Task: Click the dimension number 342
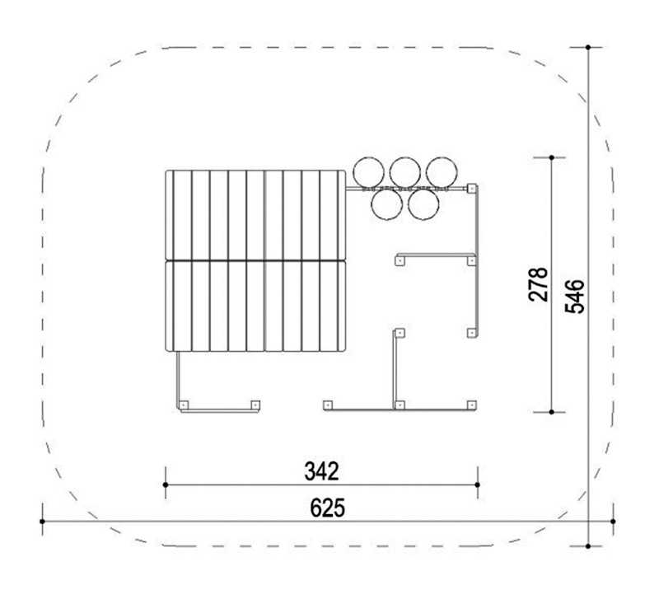point(321,471)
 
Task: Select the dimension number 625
point(327,508)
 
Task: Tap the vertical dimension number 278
point(539,284)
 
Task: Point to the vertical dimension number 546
point(574,297)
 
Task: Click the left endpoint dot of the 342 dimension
point(166,484)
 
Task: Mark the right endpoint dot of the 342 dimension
point(478,484)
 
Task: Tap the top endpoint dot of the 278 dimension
point(551,157)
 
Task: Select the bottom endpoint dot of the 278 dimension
point(551,412)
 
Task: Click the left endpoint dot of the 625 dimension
point(42,522)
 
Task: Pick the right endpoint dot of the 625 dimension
point(613,522)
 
